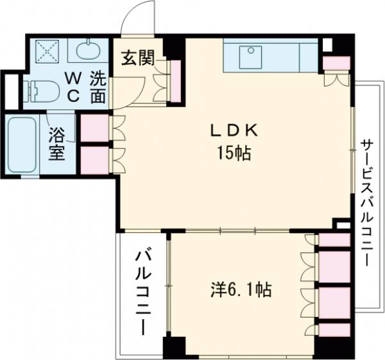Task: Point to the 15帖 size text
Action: click(x=232, y=154)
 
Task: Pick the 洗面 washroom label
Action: click(x=97, y=88)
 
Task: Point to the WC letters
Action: click(x=73, y=88)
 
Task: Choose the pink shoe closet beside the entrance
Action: click(x=174, y=80)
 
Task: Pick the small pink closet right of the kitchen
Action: click(x=336, y=63)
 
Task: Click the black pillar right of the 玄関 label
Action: click(x=174, y=47)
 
